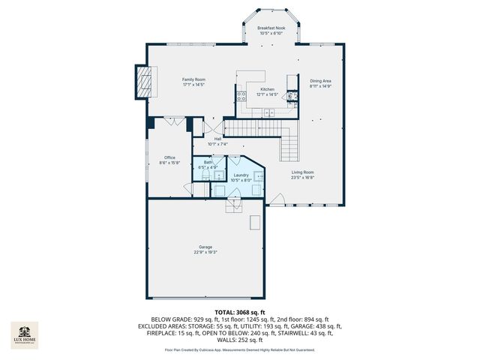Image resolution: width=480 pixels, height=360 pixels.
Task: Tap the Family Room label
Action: point(194,79)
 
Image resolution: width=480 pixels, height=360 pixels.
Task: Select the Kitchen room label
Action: point(268,89)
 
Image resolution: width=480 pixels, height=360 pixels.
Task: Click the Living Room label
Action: point(303,172)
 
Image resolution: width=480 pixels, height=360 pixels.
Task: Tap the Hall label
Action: point(217,139)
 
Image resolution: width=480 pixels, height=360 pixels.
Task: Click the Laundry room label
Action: point(240,175)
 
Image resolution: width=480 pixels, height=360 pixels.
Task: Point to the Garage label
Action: point(205,247)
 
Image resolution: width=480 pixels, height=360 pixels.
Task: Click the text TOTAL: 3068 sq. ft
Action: point(239,311)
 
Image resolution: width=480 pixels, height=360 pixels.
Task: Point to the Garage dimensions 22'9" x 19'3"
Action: point(205,252)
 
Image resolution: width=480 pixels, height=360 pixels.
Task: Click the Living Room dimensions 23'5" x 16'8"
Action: point(303,178)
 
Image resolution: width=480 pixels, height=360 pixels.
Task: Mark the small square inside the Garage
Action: point(256,222)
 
